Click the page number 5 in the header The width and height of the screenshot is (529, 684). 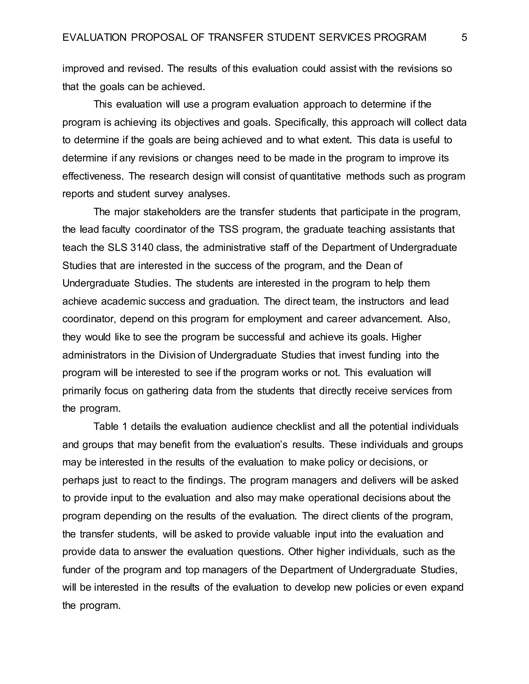coord(464,38)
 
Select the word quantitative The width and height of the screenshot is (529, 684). coord(315,176)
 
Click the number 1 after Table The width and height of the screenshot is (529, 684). coord(125,427)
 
